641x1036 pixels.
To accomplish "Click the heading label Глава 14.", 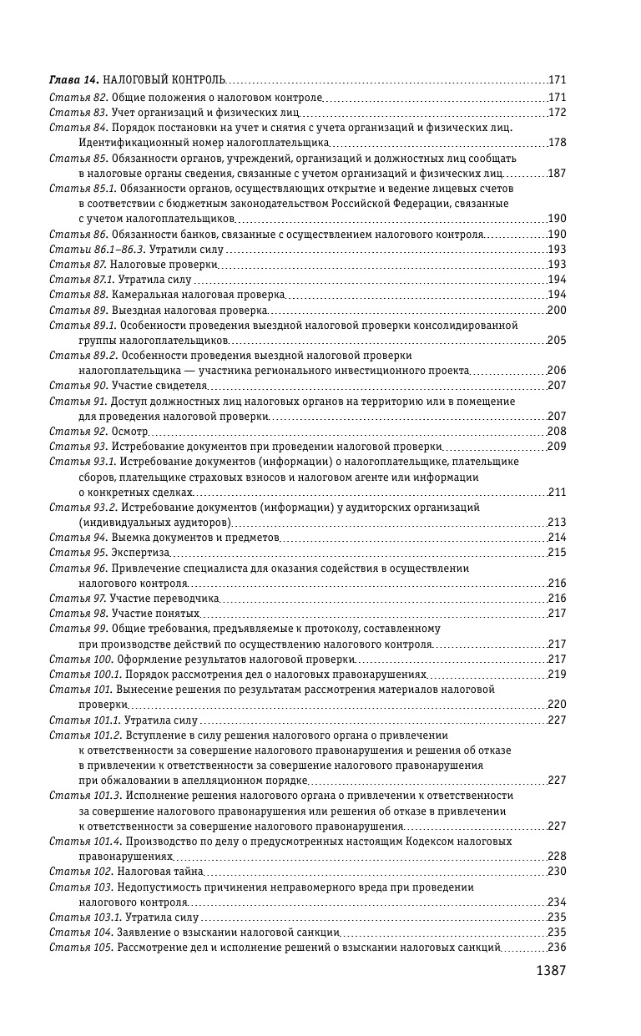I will (x=74, y=79).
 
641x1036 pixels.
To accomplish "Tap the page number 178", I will (x=557, y=143).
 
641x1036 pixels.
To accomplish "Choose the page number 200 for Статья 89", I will (x=557, y=310).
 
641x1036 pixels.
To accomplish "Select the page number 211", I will (x=557, y=492).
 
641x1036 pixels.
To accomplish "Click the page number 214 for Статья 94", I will (x=557, y=538).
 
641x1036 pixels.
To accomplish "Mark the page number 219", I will (x=557, y=674).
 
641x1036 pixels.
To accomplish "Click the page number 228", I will (x=557, y=856).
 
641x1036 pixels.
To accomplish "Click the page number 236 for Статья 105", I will (x=557, y=947).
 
